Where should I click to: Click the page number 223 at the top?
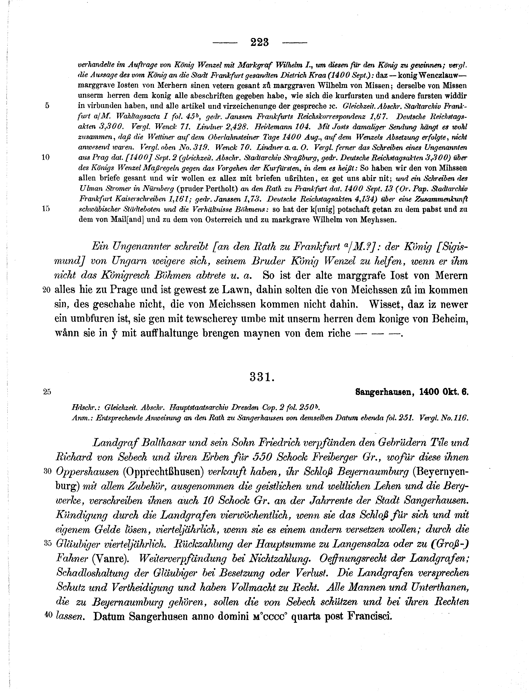(x=259, y=42)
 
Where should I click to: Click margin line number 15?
(x=46, y=209)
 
